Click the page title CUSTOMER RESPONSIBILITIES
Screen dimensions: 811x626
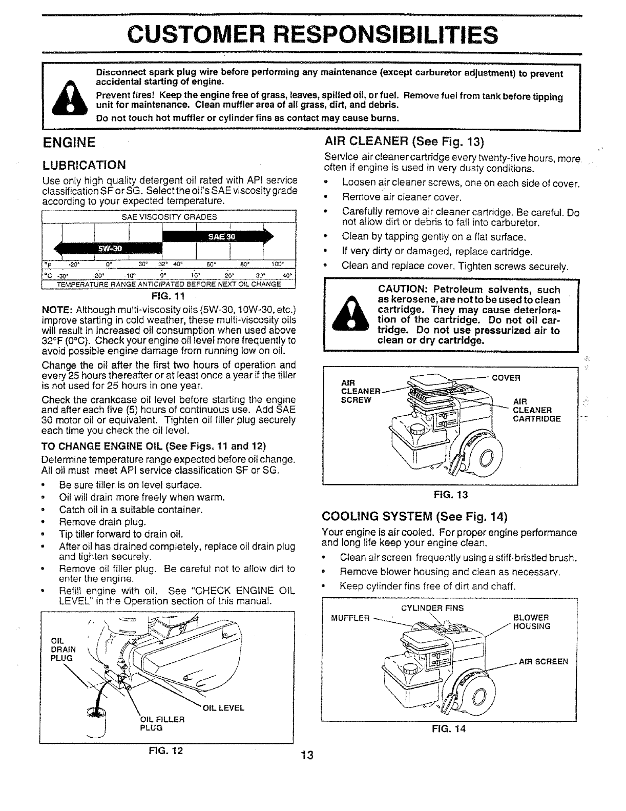pos(312,34)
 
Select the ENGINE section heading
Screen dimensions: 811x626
pos(69,141)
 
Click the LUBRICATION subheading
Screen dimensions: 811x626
pos(84,165)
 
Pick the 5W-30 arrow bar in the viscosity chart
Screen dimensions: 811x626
pos(110,249)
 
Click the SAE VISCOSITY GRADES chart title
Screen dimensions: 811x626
pos(169,217)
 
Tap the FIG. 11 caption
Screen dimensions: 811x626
pos(169,296)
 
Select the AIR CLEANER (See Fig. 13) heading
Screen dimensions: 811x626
pos(404,141)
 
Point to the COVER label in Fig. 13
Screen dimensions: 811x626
pos(506,378)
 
